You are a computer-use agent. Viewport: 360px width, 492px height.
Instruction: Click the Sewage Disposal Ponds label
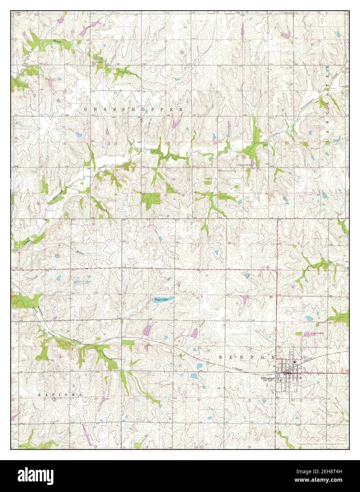(313, 334)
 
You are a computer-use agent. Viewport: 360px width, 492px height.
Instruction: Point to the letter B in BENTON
(220, 357)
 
